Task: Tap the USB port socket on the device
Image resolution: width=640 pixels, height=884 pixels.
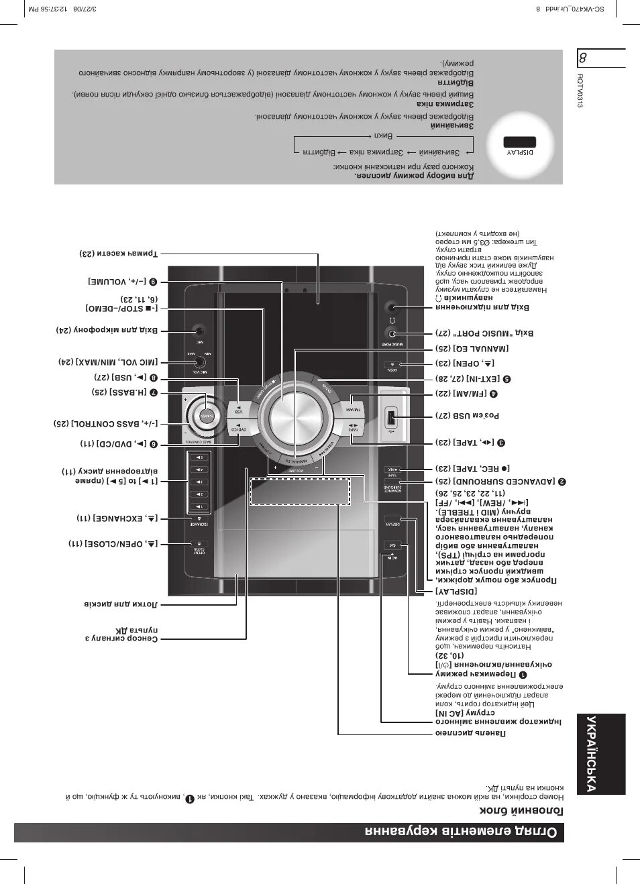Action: pyautogui.click(x=392, y=418)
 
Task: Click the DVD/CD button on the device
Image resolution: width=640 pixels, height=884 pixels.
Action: pyautogui.click(x=239, y=427)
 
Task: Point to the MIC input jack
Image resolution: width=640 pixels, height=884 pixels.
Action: pyautogui.click(x=198, y=331)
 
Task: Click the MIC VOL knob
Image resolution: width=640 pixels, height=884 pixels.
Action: pyautogui.click(x=199, y=361)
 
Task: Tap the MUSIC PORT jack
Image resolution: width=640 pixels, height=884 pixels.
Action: pyautogui.click(x=392, y=333)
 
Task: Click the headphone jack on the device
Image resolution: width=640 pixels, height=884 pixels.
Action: pyautogui.click(x=392, y=308)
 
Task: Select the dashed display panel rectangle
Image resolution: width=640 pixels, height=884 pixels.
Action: pyautogui.click(x=300, y=491)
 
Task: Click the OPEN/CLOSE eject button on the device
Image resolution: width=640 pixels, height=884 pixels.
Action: pyautogui.click(x=199, y=544)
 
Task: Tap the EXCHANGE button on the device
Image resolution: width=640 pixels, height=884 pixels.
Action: pyautogui.click(x=199, y=519)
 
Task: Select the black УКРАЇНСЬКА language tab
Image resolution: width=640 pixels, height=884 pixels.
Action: pyautogui.click(x=600, y=753)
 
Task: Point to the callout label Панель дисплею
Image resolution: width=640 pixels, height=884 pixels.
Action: pyautogui.click(x=470, y=733)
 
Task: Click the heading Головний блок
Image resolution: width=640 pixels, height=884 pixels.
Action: pyautogui.click(x=521, y=810)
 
